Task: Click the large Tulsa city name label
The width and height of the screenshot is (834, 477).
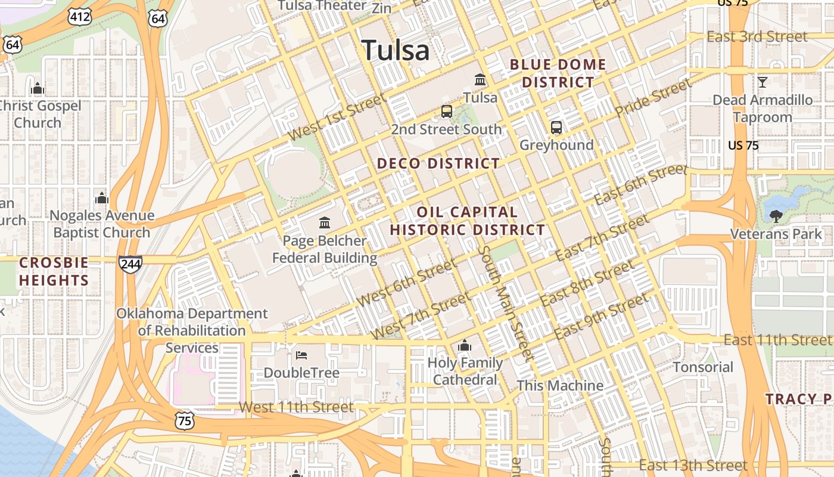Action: [396, 50]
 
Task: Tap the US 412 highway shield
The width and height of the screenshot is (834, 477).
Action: [80, 17]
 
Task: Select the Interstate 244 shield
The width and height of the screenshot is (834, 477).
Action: [130, 264]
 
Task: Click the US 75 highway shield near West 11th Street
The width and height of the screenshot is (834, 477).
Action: [185, 420]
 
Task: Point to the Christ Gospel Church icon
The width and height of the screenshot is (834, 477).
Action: [38, 89]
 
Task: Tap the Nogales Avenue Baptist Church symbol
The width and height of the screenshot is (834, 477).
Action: [102, 198]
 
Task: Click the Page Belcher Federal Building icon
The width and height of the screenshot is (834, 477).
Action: [325, 223]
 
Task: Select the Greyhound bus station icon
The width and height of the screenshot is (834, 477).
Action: [556, 128]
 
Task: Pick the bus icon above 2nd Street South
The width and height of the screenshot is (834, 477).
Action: [446, 111]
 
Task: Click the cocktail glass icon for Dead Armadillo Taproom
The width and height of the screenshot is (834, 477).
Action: [762, 82]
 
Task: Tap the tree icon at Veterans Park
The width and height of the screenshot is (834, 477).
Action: [776, 216]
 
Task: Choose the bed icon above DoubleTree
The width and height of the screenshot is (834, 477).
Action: [301, 355]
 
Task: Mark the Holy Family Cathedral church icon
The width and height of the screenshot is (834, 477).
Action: [465, 345]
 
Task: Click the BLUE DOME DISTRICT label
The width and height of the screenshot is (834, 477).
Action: [558, 73]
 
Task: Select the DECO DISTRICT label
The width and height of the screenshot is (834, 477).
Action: [438, 163]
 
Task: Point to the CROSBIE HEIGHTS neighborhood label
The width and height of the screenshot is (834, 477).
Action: [54, 271]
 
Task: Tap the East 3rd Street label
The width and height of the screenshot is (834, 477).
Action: [757, 37]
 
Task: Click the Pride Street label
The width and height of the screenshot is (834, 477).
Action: [653, 98]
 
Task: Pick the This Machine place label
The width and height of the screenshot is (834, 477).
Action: [560, 386]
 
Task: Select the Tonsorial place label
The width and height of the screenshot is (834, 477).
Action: [703, 367]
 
